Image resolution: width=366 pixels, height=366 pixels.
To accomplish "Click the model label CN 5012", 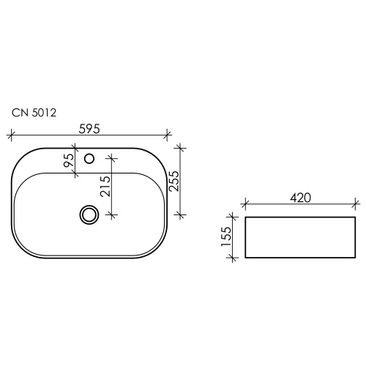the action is click(x=34, y=113).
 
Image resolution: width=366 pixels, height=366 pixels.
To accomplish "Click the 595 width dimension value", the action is click(x=89, y=129).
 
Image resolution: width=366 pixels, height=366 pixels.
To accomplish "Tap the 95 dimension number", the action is click(x=69, y=160).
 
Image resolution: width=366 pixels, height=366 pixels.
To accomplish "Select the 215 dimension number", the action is click(x=105, y=186).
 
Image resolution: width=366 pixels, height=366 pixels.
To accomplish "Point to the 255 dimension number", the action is click(x=174, y=181).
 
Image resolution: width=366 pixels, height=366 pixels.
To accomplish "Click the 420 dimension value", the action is click(x=301, y=198).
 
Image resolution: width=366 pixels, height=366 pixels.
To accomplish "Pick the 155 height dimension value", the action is click(x=226, y=236).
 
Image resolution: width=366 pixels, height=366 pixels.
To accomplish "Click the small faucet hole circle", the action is click(x=89, y=159).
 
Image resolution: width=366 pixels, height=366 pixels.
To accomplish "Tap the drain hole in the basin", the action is click(x=89, y=214).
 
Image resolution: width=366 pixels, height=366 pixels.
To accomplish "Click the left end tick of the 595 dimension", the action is click(x=10, y=135).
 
